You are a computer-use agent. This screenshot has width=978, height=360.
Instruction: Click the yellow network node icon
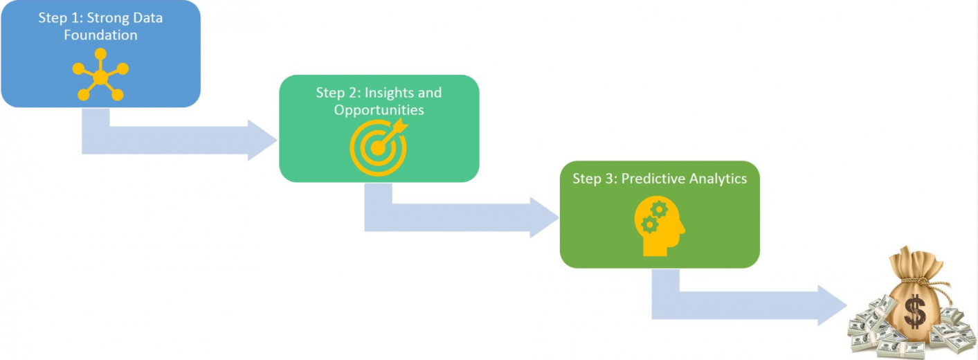pos(100,75)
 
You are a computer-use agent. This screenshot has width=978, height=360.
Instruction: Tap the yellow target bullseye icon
pos(378,147)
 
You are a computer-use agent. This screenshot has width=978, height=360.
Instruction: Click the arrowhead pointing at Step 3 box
pos(545,217)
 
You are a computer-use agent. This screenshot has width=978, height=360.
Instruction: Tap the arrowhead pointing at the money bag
pos(833,305)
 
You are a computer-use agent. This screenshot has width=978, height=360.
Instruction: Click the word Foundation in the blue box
pos(100,35)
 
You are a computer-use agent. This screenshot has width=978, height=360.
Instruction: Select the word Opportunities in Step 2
pos(379,110)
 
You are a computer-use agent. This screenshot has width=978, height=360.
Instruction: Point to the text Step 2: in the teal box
pos(339,93)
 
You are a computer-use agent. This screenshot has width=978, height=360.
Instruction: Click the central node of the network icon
pos(100,78)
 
